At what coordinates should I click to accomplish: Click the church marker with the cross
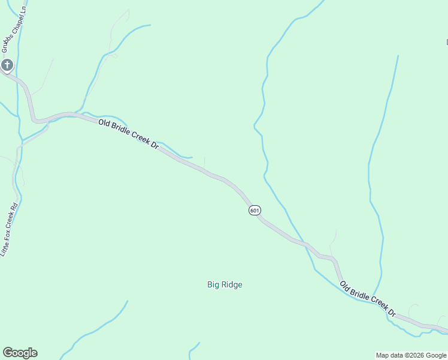(7, 64)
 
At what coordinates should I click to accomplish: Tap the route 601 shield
(255, 210)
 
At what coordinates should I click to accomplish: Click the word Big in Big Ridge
(213, 285)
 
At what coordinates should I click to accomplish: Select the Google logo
(20, 353)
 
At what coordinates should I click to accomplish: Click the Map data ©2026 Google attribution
(411, 355)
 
